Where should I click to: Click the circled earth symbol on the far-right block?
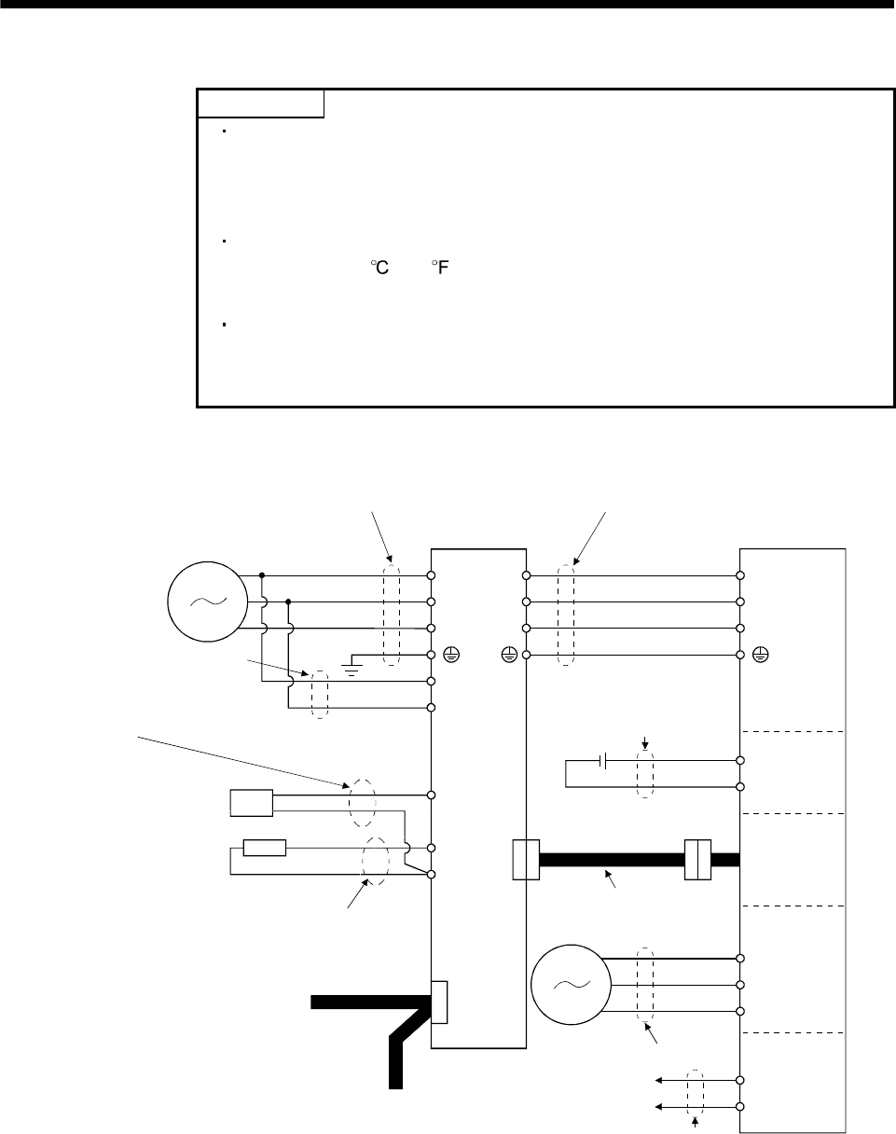click(x=761, y=657)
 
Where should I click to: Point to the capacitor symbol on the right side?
click(x=604, y=761)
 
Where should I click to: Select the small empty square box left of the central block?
click(x=251, y=802)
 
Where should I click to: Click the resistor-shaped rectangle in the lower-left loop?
click(x=264, y=848)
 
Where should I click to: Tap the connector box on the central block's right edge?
click(x=526, y=859)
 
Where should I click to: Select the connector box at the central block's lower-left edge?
click(x=440, y=1003)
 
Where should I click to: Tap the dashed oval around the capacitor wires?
click(x=643, y=773)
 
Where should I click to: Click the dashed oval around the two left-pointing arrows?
click(x=696, y=1093)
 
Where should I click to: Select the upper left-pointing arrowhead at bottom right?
click(x=659, y=1081)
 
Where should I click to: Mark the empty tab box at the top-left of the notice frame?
click(x=260, y=104)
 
